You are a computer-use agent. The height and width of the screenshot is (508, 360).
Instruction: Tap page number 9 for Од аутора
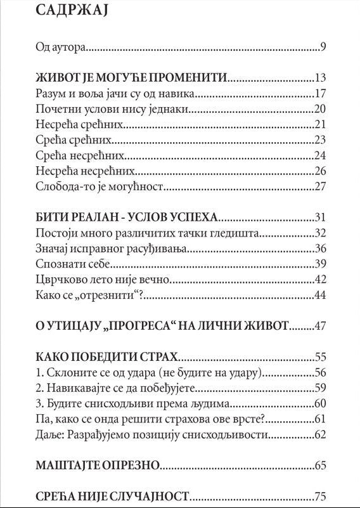[323, 47]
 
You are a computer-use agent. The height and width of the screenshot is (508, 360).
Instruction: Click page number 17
[319, 94]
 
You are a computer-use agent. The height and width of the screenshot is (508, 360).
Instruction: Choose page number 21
[319, 125]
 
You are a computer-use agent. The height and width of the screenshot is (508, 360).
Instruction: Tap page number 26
[319, 171]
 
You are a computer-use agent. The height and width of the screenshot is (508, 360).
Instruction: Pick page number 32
[319, 233]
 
